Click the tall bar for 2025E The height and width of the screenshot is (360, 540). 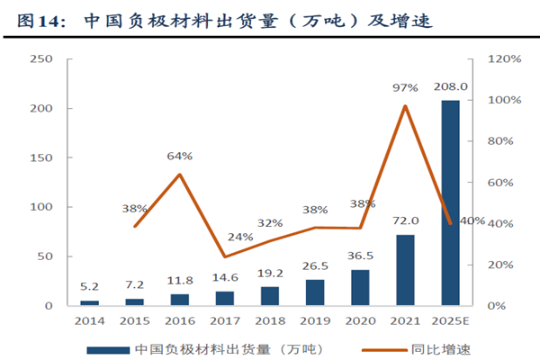click(450, 202)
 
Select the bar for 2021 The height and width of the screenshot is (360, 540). click(405, 270)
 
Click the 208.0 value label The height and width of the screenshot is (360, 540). click(450, 87)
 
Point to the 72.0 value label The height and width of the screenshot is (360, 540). click(405, 220)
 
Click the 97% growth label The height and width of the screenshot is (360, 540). click(405, 87)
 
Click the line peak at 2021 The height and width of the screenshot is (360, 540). click(405, 106)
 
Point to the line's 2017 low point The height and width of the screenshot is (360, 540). click(225, 256)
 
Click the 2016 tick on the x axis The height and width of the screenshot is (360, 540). click(180, 320)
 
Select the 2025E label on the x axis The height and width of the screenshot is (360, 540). click(450, 320)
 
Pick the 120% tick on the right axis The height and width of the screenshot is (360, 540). click(504, 58)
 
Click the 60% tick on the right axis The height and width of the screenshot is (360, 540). click(501, 183)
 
